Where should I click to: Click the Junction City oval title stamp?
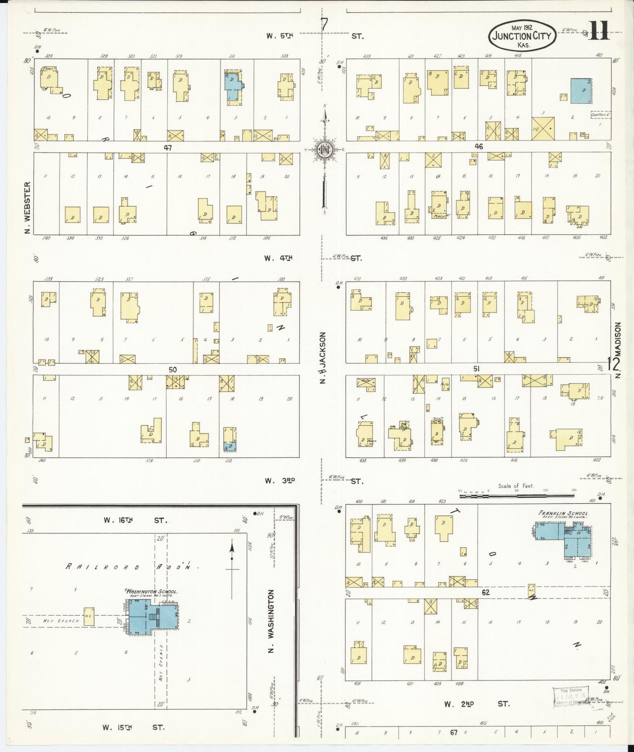522,36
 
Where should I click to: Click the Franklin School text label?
563,513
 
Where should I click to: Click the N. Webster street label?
28,208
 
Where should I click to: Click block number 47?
168,148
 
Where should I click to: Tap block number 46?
479,147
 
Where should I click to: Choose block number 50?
172,370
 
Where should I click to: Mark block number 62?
485,592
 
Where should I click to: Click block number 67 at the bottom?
454,732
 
